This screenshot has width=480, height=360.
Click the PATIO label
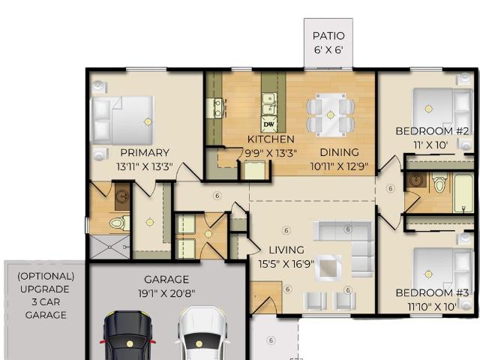328,36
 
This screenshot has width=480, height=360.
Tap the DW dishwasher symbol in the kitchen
269,124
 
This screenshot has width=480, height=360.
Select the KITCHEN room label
271,139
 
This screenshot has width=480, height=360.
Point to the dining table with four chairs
330,115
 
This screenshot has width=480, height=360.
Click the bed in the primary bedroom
123,121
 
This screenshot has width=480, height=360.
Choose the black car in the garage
128,335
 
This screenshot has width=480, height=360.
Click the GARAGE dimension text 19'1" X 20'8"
166,294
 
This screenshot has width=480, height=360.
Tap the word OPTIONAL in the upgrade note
46,277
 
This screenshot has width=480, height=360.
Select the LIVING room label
286,250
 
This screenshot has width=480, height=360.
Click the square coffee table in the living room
328,268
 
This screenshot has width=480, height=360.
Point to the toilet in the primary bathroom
119,223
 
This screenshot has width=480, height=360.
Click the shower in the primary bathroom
109,247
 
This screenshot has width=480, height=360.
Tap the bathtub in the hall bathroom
463,193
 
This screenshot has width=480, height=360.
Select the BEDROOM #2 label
432,131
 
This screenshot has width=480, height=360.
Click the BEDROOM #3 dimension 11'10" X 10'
432,307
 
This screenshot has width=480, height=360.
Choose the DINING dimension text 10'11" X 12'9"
339,166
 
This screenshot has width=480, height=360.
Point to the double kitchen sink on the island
269,104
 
